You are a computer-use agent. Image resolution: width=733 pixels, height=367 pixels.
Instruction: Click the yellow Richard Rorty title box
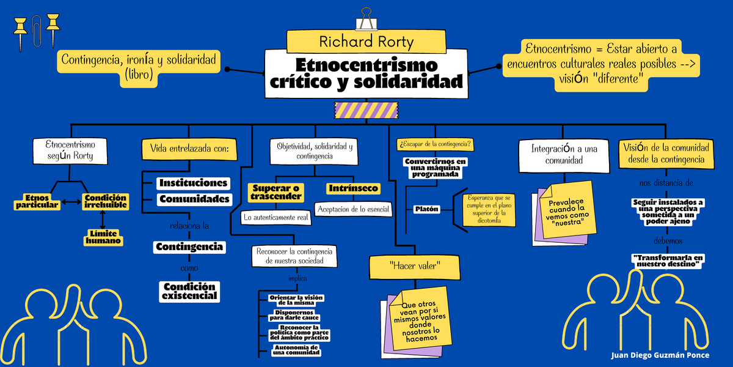[x=366, y=41]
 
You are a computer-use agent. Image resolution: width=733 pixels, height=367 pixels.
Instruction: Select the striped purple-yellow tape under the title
[x=366, y=109]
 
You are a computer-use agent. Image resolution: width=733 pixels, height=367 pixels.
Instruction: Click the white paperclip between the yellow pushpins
[x=37, y=31]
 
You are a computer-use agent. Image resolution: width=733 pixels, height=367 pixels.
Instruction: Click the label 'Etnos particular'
[x=38, y=201]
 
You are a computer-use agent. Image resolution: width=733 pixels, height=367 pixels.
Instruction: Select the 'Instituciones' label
[x=193, y=183]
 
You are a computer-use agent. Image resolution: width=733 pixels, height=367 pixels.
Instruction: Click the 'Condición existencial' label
[x=189, y=291]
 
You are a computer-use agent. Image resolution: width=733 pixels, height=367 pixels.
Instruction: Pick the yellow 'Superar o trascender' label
[x=276, y=192]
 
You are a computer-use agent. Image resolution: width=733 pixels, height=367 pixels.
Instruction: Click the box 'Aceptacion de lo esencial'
[x=353, y=209]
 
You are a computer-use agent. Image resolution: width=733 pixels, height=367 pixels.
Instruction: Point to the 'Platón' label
[x=427, y=209]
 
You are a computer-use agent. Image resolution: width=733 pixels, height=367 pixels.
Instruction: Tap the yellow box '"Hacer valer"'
[x=415, y=266]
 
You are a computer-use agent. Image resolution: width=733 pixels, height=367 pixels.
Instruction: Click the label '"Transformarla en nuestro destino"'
[x=668, y=261]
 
